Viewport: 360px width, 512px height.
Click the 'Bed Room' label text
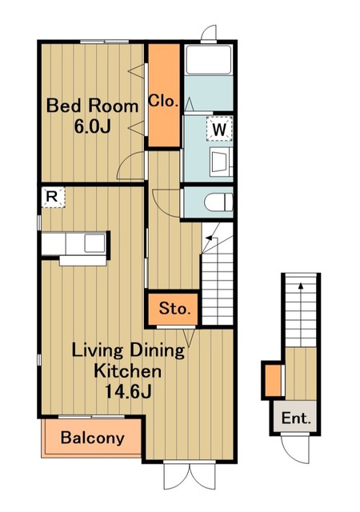93,106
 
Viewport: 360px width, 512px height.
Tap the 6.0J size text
93,126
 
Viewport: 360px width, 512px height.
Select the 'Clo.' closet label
163,102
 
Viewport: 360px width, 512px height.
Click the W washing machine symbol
219,130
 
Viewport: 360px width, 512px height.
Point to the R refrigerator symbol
54,197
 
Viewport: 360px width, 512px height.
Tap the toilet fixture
218,202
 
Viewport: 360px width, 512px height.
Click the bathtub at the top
209,60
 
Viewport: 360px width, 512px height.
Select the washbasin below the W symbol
221,162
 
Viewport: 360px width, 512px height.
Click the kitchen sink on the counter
95,243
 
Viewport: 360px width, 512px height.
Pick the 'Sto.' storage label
174,308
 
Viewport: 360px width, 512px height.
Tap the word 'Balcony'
93,438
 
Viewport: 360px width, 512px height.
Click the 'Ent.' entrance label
296,418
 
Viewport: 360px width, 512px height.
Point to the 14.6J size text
128,391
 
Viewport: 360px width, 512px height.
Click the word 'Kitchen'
128,371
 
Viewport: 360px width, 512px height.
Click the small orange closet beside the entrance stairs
273,381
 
